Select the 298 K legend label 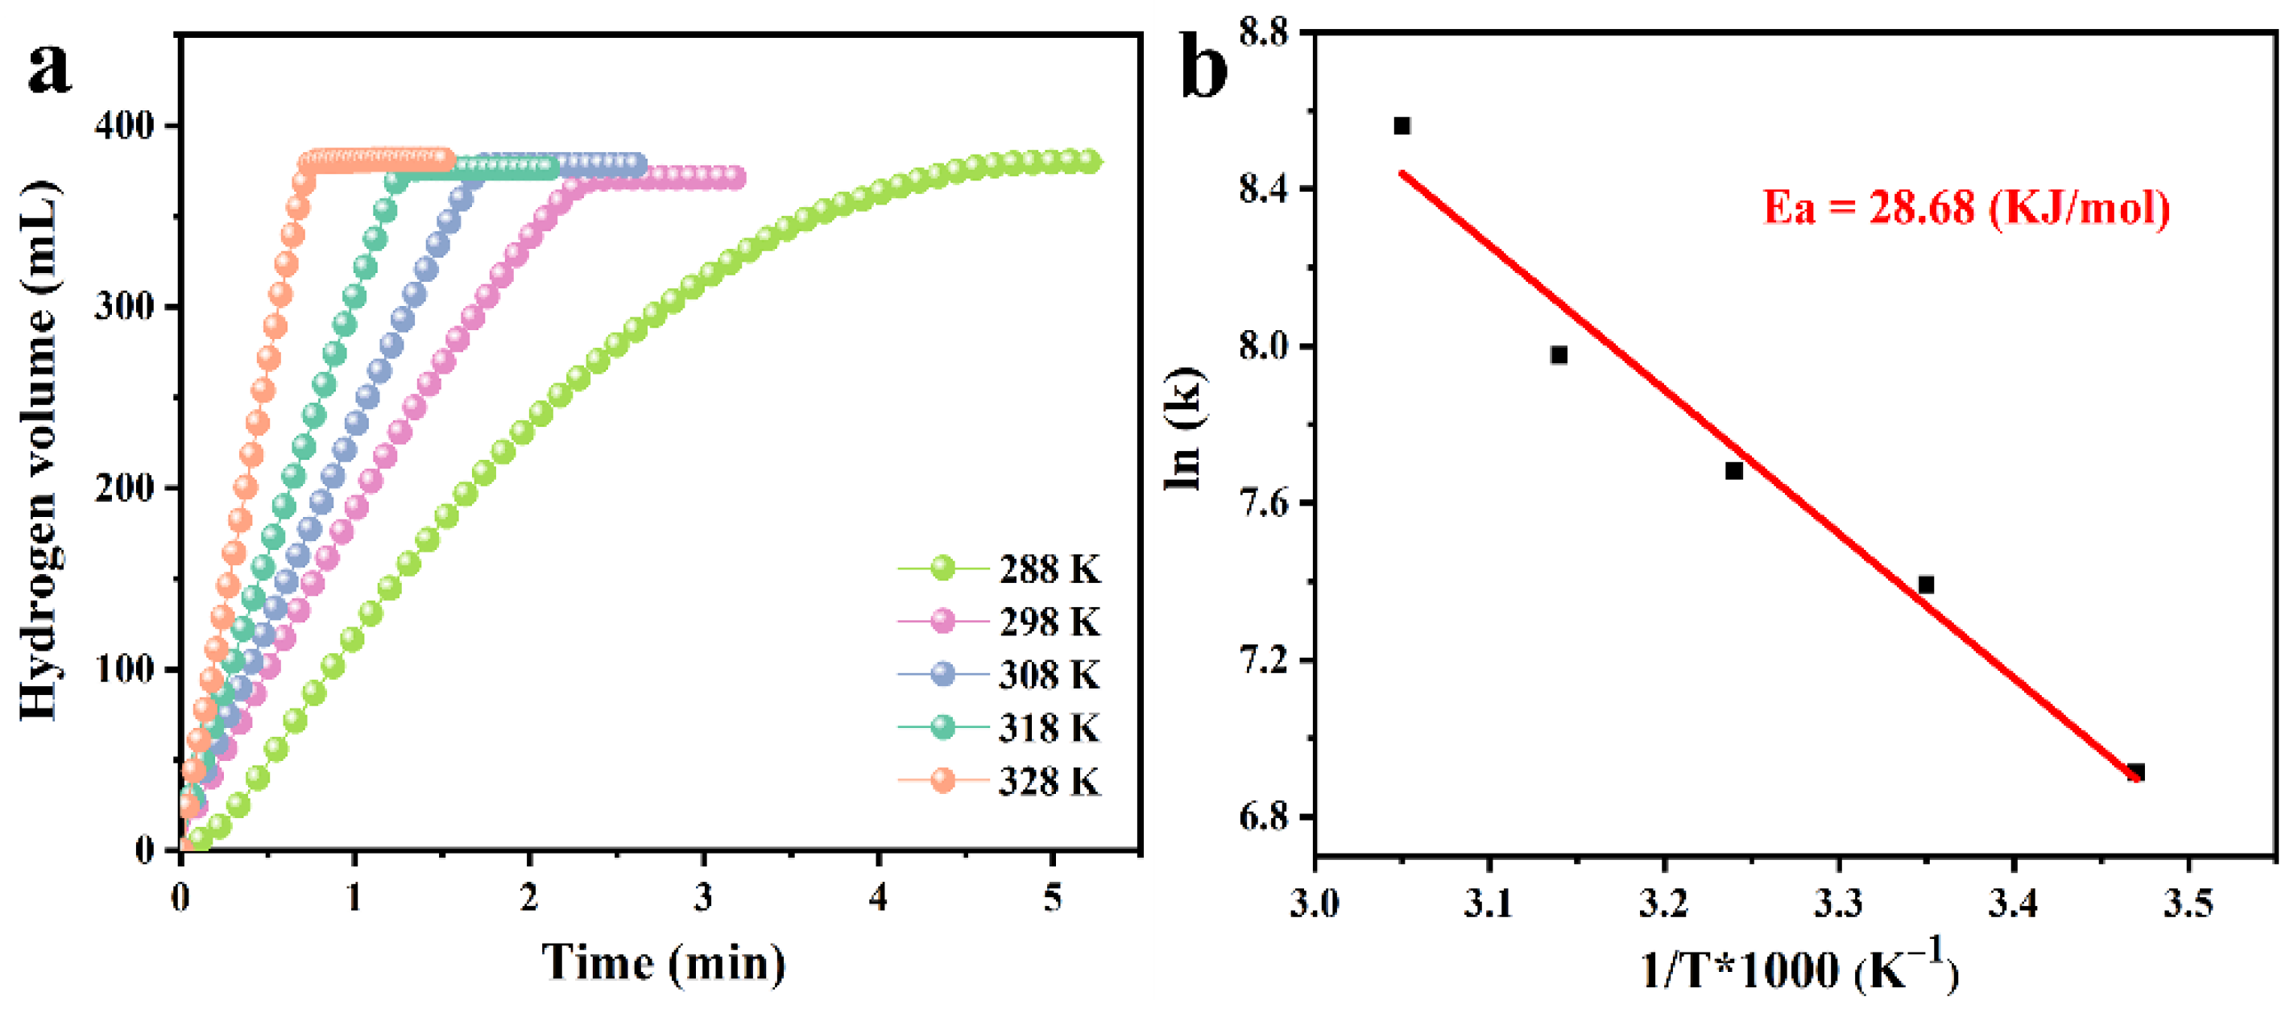click(1049, 622)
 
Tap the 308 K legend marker click(943, 674)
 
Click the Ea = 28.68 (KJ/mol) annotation click(1965, 208)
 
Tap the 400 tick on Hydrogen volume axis click(124, 126)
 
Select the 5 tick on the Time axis click(1053, 898)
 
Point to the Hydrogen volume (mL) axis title click(40, 449)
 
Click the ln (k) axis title click(1184, 428)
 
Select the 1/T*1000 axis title click(1799, 967)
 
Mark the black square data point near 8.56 click(1402, 126)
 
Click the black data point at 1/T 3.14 click(1559, 355)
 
